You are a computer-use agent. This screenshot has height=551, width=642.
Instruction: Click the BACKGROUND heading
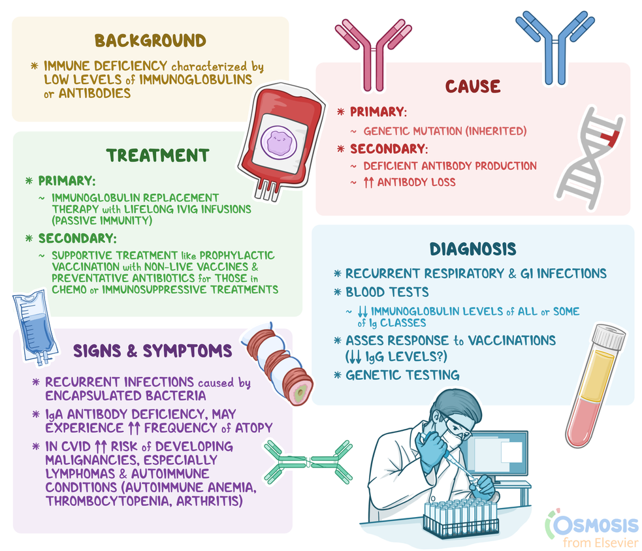pyautogui.click(x=150, y=40)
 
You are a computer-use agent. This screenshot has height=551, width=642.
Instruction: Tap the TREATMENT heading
pyautogui.click(x=157, y=155)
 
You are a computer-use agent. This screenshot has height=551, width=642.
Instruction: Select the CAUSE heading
pyautogui.click(x=473, y=86)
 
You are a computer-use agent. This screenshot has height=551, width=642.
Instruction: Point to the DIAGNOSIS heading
pyautogui.click(x=473, y=249)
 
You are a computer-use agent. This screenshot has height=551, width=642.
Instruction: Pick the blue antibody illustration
pyautogui.click(x=554, y=48)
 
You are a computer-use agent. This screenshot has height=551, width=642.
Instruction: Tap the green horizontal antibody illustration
pyautogui.click(x=308, y=462)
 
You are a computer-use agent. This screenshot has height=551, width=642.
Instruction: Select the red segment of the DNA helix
pyautogui.click(x=610, y=138)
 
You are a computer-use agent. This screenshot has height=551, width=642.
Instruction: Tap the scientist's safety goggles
pyautogui.click(x=458, y=426)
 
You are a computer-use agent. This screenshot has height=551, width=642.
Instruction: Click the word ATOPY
pyautogui.click(x=253, y=428)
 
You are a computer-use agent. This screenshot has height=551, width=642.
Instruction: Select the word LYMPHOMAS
pyautogui.click(x=80, y=474)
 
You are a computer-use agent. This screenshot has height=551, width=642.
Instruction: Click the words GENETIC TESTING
pyautogui.click(x=402, y=375)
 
